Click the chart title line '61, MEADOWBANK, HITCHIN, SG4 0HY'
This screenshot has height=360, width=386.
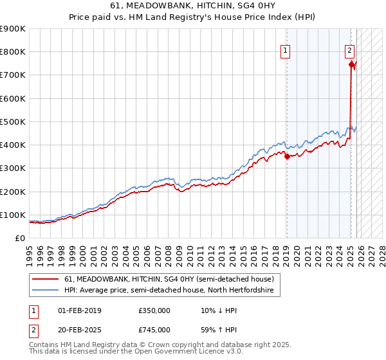193,6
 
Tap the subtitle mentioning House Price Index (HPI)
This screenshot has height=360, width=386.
193,17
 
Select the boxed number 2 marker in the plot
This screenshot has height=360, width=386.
349,50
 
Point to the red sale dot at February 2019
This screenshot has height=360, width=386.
287,156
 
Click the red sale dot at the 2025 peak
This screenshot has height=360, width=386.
351,64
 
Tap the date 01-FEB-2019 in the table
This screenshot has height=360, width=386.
80,310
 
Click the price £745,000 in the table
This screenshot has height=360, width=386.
154,330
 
